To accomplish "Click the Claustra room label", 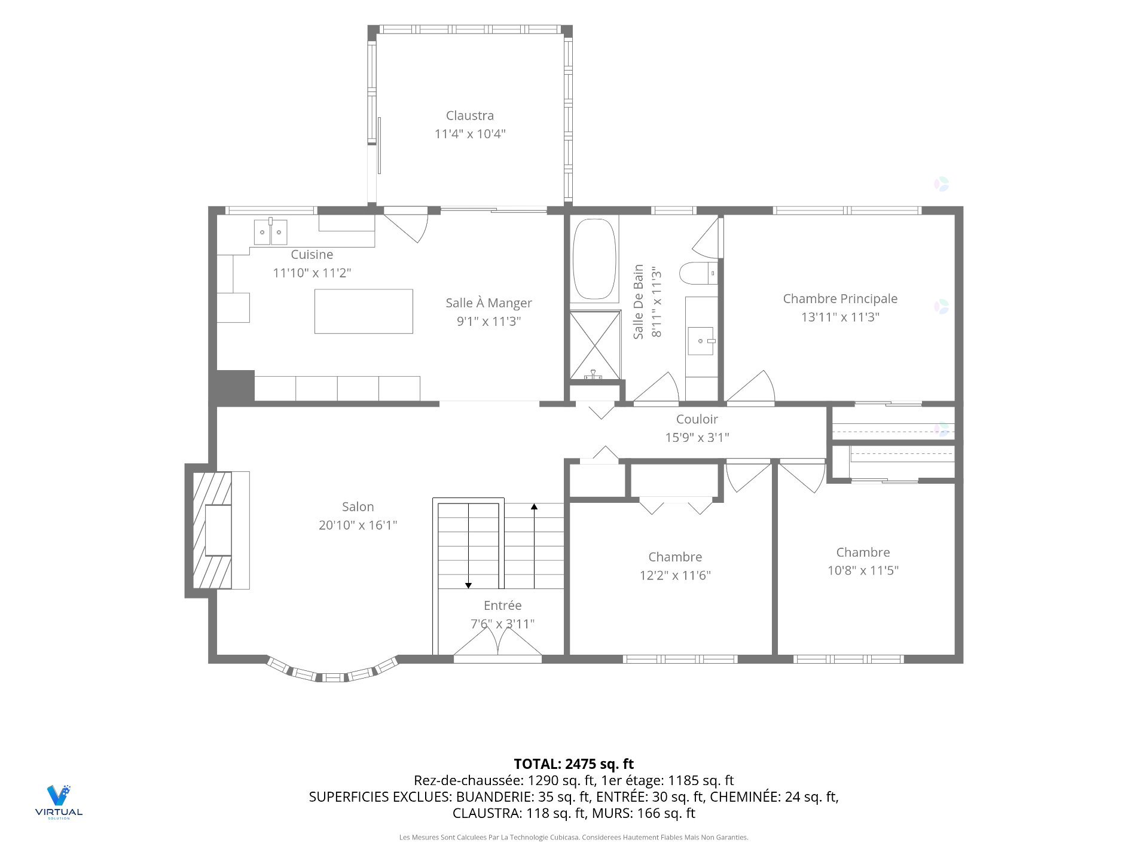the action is pos(470,115).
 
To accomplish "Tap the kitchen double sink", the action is pos(270,232).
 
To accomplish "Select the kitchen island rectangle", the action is pos(364,311).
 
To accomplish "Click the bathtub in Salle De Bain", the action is pos(594,259).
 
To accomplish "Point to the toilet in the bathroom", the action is pos(698,273).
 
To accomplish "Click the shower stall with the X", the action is pos(595,345).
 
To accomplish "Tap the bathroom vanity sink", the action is pos(701,341).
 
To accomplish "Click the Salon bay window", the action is pos(332,672).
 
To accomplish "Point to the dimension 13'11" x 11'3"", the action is pos(840,317).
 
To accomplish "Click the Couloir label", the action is pos(697,419).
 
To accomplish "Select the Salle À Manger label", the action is pos(488,303).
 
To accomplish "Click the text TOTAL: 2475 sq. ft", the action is pos(574,764).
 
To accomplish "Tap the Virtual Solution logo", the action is pos(59,801).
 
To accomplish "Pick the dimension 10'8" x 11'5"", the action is pos(863,570).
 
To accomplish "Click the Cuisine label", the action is pos(312,254).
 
